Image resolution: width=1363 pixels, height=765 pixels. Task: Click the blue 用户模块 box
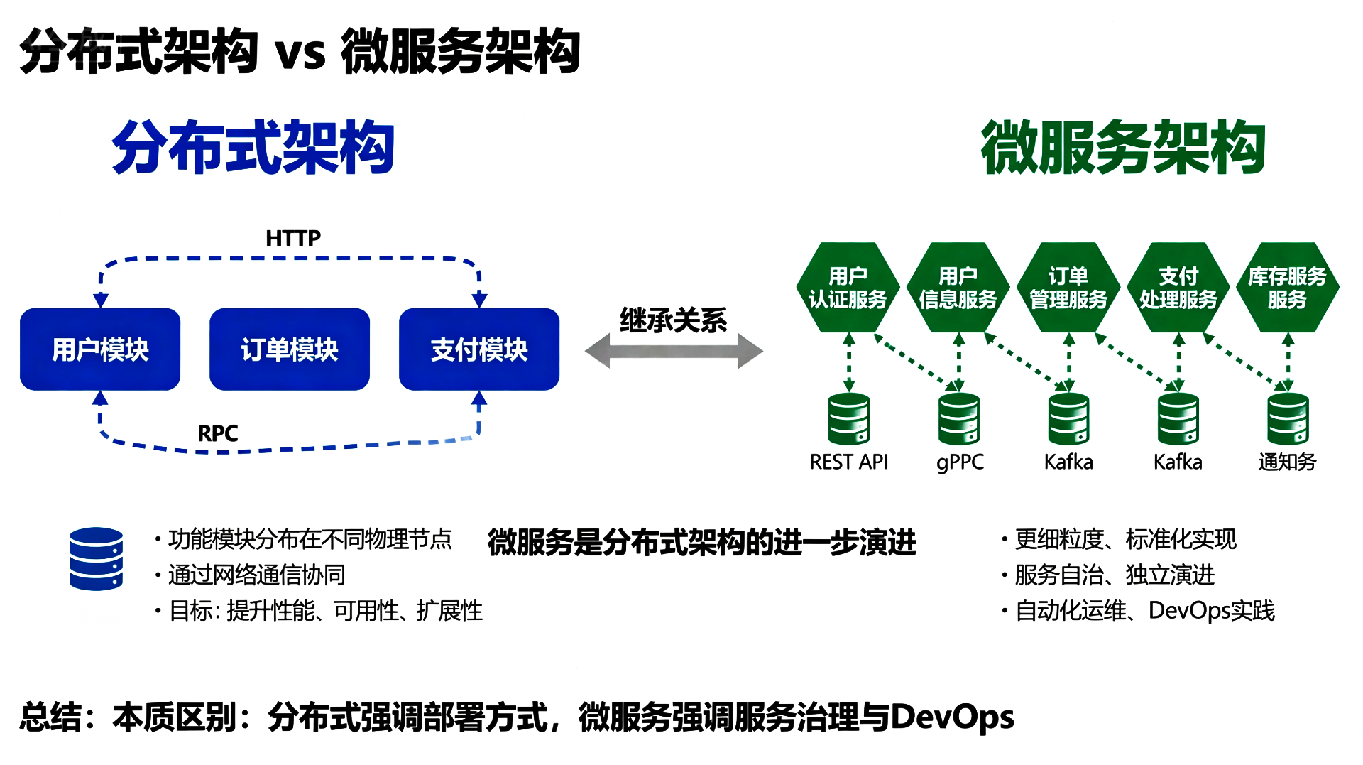click(x=100, y=349)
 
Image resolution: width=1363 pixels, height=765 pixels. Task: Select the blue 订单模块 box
click(x=290, y=349)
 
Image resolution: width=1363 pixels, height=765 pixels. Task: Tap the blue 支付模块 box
click(x=479, y=349)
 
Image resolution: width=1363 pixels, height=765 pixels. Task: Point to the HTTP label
click(x=292, y=239)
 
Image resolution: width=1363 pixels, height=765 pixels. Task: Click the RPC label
click(x=217, y=433)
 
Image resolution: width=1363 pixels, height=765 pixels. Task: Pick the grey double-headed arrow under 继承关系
click(x=674, y=351)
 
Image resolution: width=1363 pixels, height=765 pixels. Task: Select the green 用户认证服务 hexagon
click(x=848, y=288)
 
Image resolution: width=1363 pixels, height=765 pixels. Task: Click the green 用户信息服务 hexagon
click(x=958, y=288)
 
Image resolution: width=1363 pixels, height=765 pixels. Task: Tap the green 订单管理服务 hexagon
click(x=1068, y=288)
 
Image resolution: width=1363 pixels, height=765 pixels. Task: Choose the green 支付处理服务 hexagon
click(x=1178, y=288)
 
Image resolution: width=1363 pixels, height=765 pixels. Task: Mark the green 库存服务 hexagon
click(x=1287, y=288)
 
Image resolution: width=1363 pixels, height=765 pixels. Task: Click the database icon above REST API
click(x=849, y=419)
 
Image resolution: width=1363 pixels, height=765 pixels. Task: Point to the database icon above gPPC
click(x=959, y=419)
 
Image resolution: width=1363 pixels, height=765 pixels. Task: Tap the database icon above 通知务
click(x=1288, y=419)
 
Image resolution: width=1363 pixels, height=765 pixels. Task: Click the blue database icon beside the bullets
click(x=96, y=559)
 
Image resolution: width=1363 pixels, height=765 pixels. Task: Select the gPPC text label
click(x=960, y=462)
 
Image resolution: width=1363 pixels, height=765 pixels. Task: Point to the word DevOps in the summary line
click(x=952, y=717)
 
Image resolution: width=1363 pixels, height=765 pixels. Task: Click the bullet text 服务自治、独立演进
click(x=1115, y=575)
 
